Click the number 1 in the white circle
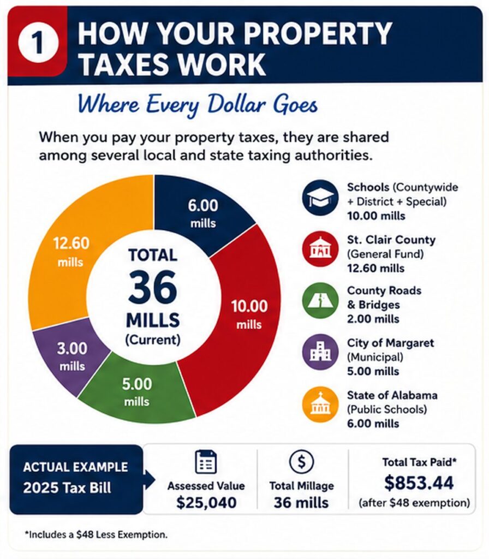(39, 43)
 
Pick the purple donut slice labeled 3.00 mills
(69, 356)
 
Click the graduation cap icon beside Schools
(320, 198)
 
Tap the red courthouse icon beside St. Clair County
(320, 249)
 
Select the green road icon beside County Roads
(320, 301)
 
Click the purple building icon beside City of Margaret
(320, 352)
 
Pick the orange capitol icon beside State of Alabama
(320, 405)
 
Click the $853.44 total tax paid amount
(419, 483)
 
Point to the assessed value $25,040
(206, 503)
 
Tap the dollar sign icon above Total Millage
(301, 462)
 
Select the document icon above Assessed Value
(206, 462)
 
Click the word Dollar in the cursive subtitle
(237, 104)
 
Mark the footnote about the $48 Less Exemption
(96, 535)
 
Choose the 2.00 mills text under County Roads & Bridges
(373, 319)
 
